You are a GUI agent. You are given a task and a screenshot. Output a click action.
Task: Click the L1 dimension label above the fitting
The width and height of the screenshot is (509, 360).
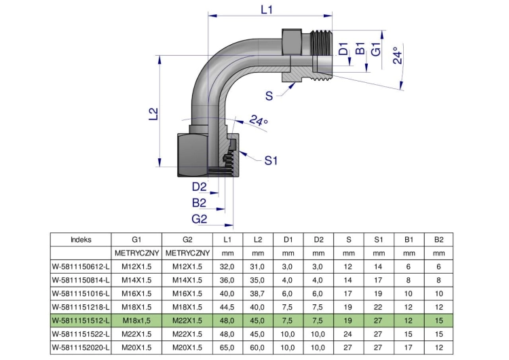click(267, 10)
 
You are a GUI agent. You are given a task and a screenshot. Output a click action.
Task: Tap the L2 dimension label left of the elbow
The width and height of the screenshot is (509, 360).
click(153, 113)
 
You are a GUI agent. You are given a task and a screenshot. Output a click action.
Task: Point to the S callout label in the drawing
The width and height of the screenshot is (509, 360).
click(269, 96)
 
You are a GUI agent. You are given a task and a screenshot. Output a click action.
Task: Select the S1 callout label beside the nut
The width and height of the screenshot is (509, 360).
click(271, 160)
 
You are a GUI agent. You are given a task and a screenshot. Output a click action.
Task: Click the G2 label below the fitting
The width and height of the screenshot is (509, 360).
click(200, 219)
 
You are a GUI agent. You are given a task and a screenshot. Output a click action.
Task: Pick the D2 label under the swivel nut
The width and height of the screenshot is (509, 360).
click(200, 187)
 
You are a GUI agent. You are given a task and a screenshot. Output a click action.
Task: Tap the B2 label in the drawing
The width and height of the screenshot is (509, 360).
click(199, 202)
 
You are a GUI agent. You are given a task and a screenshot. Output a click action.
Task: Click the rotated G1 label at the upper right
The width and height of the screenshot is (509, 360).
click(376, 50)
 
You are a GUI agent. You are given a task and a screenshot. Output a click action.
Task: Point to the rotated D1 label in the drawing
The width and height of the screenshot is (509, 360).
click(343, 49)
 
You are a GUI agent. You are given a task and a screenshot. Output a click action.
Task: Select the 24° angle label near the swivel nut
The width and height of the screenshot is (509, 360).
click(259, 121)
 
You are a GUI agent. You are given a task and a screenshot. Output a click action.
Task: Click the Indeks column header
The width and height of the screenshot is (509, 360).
click(81, 240)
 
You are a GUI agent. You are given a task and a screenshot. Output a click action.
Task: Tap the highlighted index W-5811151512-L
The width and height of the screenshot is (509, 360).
click(81, 321)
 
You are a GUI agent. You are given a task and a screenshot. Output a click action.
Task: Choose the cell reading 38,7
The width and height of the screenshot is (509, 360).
click(257, 293)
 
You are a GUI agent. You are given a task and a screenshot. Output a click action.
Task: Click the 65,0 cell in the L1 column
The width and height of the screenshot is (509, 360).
click(227, 348)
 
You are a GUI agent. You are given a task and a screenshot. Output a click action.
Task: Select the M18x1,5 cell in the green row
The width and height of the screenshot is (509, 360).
click(136, 321)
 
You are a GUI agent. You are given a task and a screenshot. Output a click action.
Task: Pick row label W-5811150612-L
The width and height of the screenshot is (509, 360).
click(81, 267)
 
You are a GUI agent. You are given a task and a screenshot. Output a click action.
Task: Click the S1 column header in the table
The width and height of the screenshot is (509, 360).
click(379, 240)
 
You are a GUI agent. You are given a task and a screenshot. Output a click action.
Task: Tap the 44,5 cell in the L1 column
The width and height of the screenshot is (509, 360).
click(227, 307)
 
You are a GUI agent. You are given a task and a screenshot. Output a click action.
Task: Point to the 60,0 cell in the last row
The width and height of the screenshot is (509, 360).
click(257, 348)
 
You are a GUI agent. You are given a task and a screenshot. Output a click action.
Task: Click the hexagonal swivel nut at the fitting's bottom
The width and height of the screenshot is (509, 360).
click(193, 155)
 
